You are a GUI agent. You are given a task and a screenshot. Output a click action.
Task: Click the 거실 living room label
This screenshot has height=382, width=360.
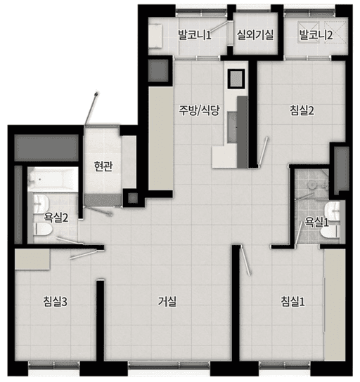167,302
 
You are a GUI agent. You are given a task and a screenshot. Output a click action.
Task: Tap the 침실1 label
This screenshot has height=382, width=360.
292,302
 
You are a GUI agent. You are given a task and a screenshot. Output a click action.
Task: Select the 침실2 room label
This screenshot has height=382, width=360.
302,110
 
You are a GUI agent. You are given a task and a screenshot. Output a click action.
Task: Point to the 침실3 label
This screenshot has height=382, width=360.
55,302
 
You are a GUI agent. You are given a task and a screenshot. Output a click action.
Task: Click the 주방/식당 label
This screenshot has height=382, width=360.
199,110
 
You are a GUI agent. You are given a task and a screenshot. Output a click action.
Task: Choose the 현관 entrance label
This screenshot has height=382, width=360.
103,166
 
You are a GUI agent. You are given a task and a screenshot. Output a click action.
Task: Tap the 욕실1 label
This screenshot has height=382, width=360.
317,222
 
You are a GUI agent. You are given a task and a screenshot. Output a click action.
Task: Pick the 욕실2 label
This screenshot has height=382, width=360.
56,217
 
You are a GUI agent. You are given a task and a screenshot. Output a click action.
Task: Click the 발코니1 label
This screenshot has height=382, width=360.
194,34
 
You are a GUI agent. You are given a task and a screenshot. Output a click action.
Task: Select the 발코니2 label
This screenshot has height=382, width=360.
316,34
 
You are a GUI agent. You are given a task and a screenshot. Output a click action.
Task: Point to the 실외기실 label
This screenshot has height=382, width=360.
255,34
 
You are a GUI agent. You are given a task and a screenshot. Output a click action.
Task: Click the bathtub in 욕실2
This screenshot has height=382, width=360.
53,179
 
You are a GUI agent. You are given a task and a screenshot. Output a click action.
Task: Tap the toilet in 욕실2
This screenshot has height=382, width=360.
43,229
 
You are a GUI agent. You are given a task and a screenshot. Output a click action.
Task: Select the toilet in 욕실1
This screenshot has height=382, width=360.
330,232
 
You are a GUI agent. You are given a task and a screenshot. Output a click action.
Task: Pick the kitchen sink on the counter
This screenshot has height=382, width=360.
232,127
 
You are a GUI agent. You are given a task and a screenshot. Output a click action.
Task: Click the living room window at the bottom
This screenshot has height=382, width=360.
169,364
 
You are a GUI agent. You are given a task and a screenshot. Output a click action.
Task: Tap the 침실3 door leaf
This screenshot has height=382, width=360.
84,254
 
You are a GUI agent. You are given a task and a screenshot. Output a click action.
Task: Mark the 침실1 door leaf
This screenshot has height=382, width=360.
245,261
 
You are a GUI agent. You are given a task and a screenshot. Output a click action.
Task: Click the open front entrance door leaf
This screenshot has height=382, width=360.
91,108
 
